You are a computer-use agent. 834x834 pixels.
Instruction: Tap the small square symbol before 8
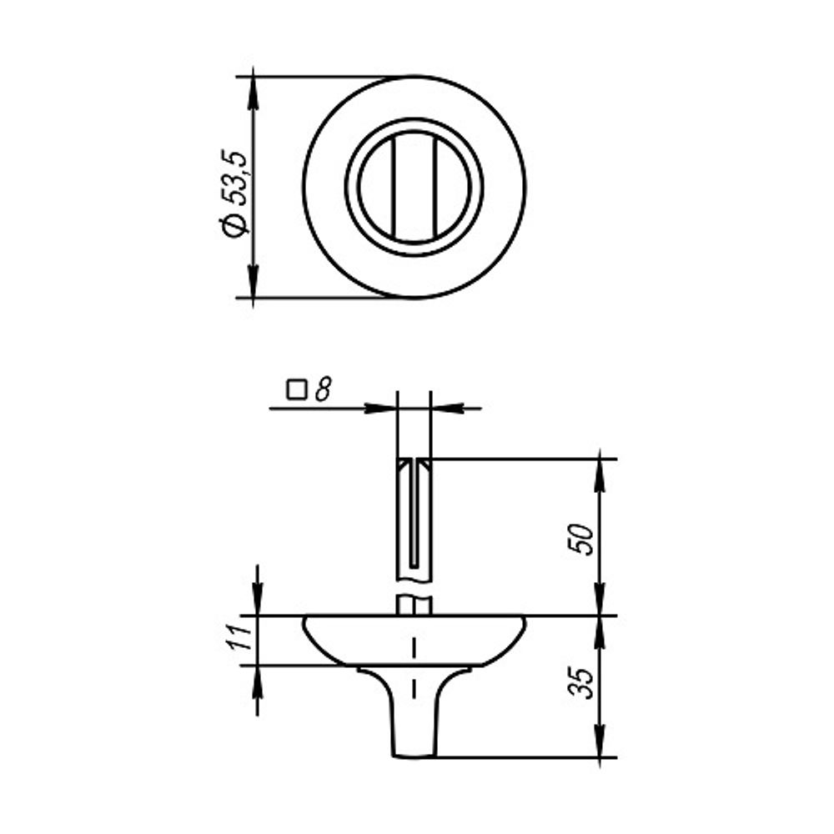pos(296,389)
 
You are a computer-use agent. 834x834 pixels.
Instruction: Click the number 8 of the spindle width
pos(324,388)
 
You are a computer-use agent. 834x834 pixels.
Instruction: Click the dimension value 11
pos(240,641)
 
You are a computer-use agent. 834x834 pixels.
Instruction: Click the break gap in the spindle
pos(414,586)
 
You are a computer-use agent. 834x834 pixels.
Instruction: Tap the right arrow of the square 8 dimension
pos(446,409)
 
